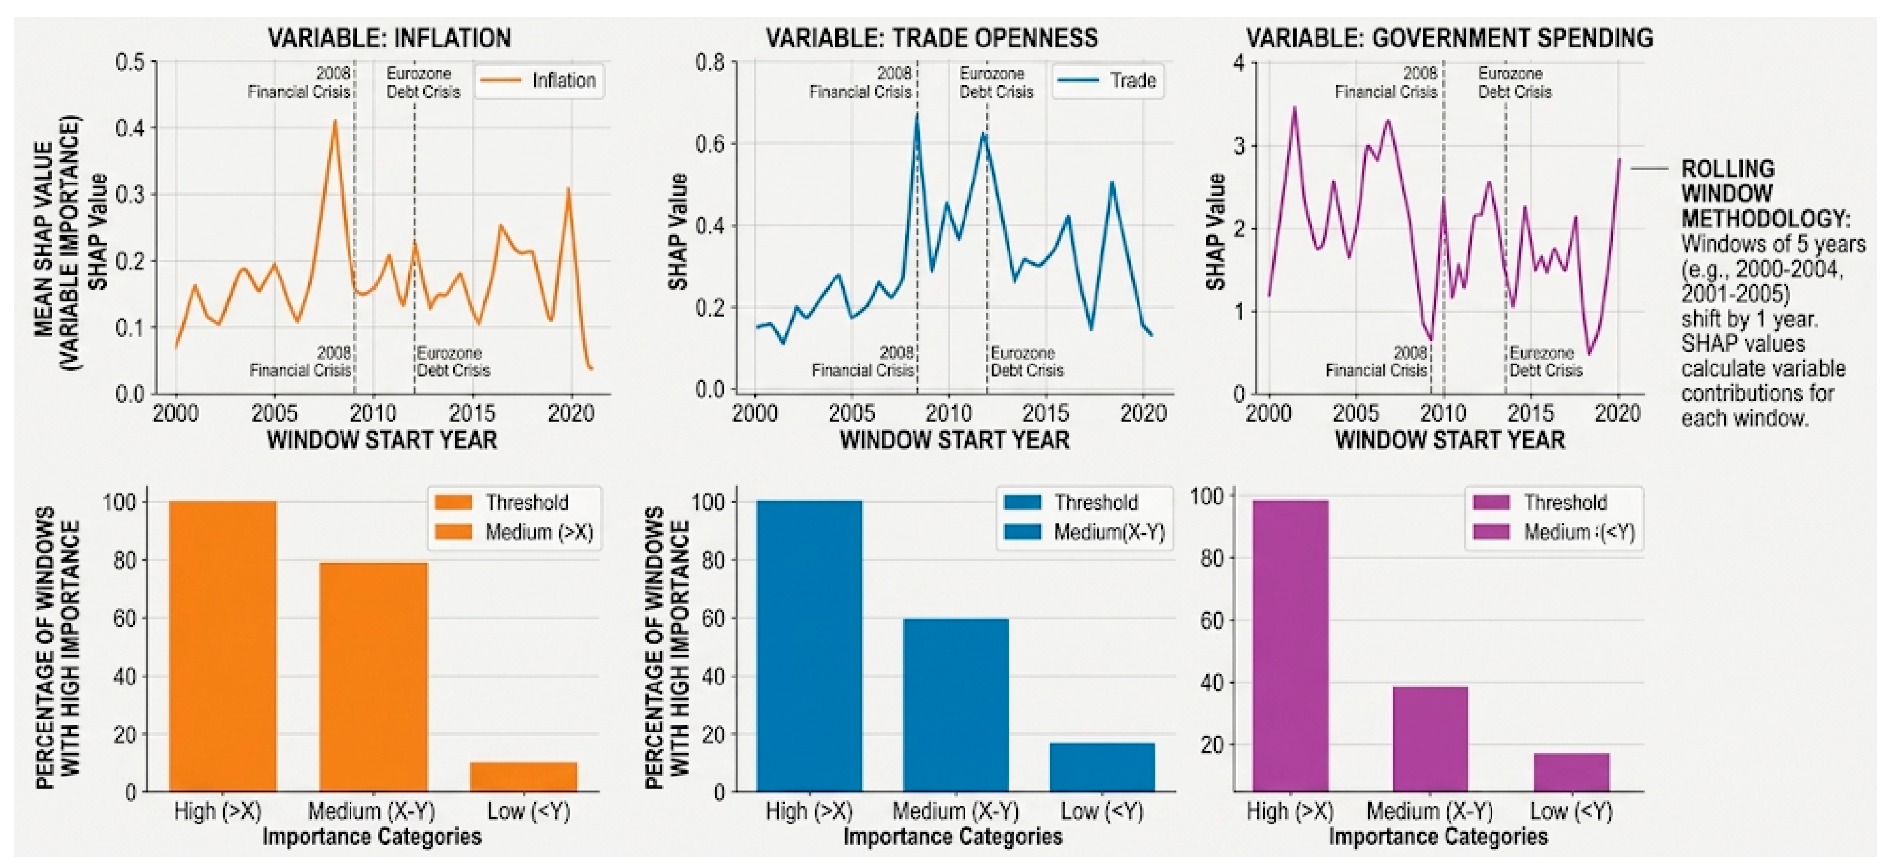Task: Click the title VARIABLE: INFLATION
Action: [x=390, y=38]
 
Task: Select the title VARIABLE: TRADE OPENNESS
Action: [x=931, y=38]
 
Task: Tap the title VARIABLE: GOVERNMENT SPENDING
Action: [x=1449, y=38]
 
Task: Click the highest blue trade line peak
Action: [x=916, y=115]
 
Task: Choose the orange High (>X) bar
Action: [x=222, y=646]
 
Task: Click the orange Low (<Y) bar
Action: [x=524, y=777]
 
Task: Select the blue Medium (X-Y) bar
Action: [x=956, y=705]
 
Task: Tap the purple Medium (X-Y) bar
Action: [x=1430, y=739]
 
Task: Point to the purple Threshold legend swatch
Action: [x=1491, y=503]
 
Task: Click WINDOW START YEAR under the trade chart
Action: [x=955, y=440]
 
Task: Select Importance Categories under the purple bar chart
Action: [x=1439, y=836]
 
